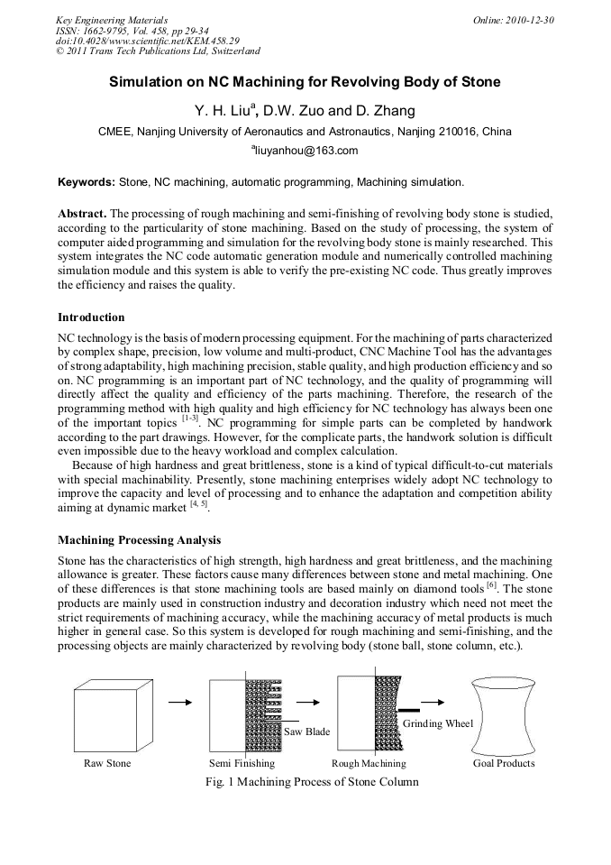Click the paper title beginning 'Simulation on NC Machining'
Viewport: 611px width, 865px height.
click(305, 82)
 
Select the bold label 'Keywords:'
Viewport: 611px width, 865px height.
click(87, 182)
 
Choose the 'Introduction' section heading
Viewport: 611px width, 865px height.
click(91, 317)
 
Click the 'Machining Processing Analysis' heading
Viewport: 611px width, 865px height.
click(139, 540)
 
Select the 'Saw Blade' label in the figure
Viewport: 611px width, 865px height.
click(307, 732)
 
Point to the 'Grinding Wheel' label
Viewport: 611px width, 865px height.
click(438, 723)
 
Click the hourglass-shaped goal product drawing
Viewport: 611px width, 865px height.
click(504, 713)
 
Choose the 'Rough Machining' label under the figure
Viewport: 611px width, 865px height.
click(369, 763)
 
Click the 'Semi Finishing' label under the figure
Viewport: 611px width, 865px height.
click(242, 763)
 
